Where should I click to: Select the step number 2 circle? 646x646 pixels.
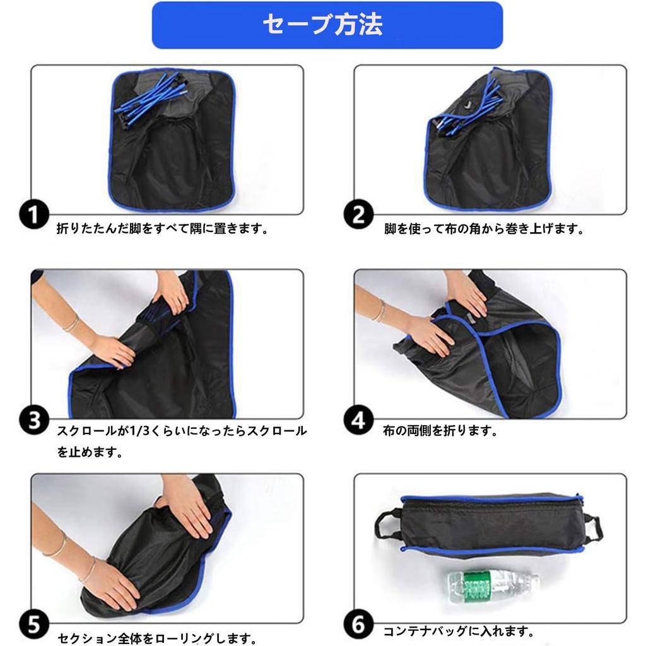(x=358, y=215)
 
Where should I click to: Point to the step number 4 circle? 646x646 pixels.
(x=358, y=420)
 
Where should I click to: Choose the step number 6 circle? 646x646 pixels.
(x=358, y=625)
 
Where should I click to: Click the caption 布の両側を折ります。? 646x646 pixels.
(x=440, y=432)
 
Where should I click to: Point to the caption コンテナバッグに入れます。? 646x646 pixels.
(x=459, y=630)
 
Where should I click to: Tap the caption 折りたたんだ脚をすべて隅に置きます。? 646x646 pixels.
(x=163, y=228)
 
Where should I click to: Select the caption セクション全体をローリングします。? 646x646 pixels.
(x=157, y=638)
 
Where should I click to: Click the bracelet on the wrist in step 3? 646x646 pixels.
(x=72, y=324)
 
